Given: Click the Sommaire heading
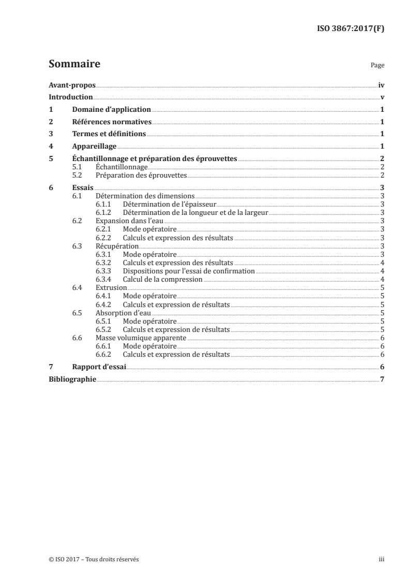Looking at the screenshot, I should point(74,64).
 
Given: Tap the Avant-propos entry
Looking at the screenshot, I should point(72,85).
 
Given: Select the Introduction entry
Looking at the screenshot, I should point(70,97).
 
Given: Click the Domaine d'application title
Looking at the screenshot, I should point(111,110).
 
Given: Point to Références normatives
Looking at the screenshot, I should point(112,122).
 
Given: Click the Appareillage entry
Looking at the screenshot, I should point(94,147).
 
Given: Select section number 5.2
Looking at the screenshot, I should point(78,176).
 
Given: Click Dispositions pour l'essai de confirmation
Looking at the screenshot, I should point(189,271).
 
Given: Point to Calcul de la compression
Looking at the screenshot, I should point(162,279).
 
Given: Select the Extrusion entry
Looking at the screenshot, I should point(111,287).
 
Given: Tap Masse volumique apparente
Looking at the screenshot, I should point(134,337).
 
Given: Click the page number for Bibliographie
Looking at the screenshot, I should point(381,379).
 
